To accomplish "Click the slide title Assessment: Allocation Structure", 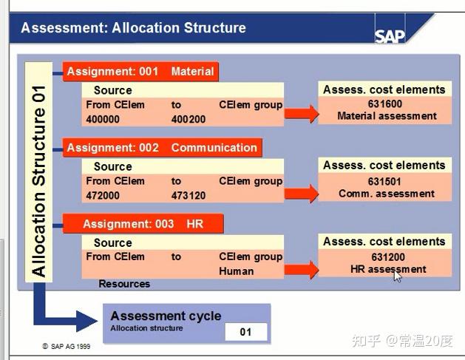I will click(133, 29).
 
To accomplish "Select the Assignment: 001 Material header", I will click(140, 72).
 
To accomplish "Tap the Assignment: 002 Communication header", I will click(161, 147).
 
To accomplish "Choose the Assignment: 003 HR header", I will click(143, 223).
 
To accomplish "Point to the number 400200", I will click(189, 119).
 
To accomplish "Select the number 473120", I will click(189, 195).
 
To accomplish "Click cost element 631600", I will click(384, 104).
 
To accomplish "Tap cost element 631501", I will click(384, 181).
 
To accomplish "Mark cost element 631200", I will click(384, 257).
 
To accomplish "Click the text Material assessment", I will click(387, 116).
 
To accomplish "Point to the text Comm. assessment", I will click(387, 194).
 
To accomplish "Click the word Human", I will click(236, 271).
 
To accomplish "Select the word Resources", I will click(124, 284).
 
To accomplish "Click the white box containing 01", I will click(245, 332).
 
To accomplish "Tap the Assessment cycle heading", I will click(166, 316).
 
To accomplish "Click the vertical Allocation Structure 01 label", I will click(39, 170).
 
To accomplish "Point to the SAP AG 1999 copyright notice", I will click(67, 346).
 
